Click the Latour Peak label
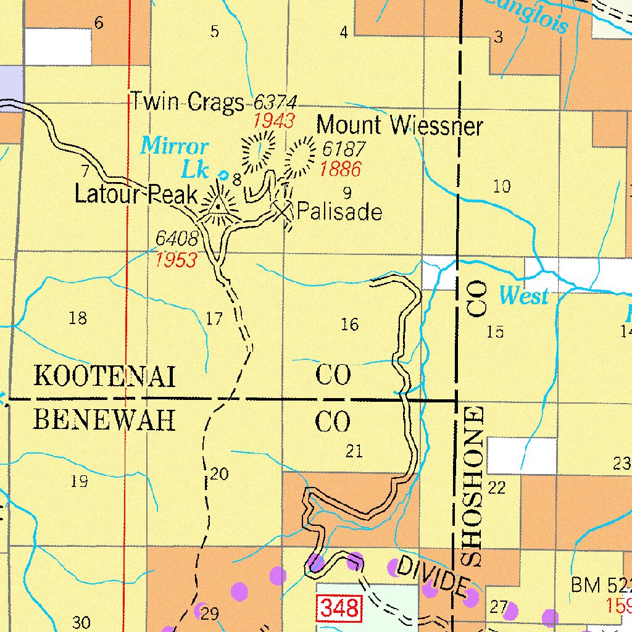[136, 194]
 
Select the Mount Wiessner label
[399, 126]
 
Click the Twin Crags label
[186, 102]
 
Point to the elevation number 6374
[275, 102]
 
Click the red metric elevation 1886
[340, 168]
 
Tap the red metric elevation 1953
[176, 260]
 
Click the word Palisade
[339, 212]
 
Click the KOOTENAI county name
[104, 375]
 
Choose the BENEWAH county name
[104, 421]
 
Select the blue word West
[523, 296]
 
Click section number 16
[349, 324]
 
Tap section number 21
[354, 451]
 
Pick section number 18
[78, 318]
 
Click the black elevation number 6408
[177, 238]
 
